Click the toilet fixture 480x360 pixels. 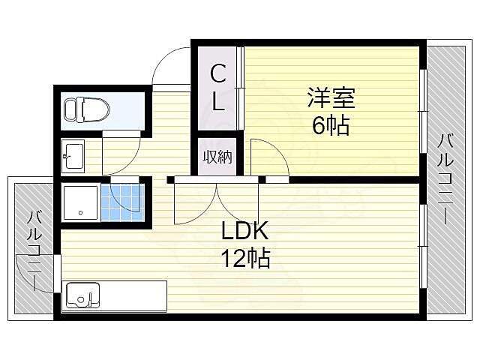tap(88, 110)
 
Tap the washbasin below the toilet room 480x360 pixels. tap(74, 157)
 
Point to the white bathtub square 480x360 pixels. tap(79, 202)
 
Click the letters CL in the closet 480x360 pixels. tap(217, 88)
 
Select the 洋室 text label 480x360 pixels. tap(330, 98)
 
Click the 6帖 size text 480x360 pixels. tap(330, 125)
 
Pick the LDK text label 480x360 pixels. tap(244, 230)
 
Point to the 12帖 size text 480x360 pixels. tap(244, 259)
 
